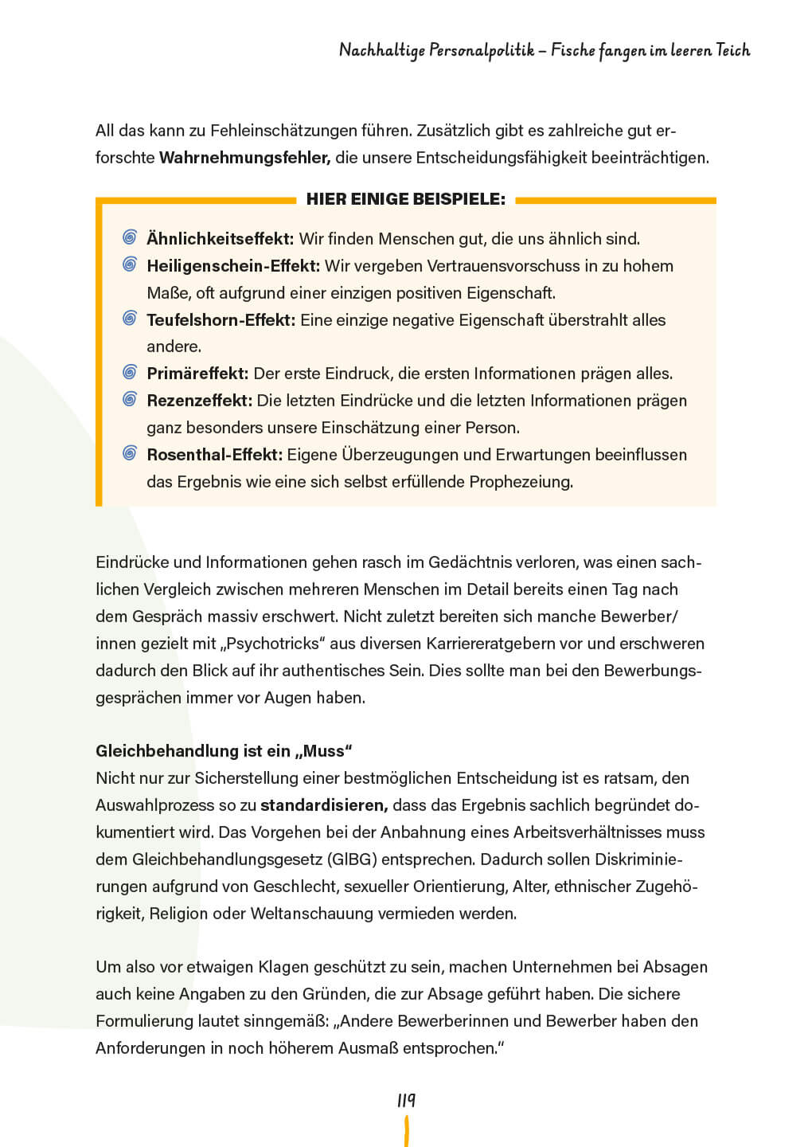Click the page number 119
coord(406,1101)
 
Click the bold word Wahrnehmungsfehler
coord(244,158)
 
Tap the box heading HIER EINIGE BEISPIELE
coord(406,200)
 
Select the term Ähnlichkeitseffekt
coord(220,239)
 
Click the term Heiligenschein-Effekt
coord(233,266)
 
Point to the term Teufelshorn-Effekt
coord(221,320)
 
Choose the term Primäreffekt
coord(197,374)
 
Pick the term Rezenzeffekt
coord(199,401)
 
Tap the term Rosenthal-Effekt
coord(214,455)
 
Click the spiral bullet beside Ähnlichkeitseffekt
coord(130,238)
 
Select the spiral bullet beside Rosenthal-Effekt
coord(130,454)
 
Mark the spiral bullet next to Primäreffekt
coord(130,373)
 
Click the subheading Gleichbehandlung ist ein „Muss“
coord(224,751)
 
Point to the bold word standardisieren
coord(324,805)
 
